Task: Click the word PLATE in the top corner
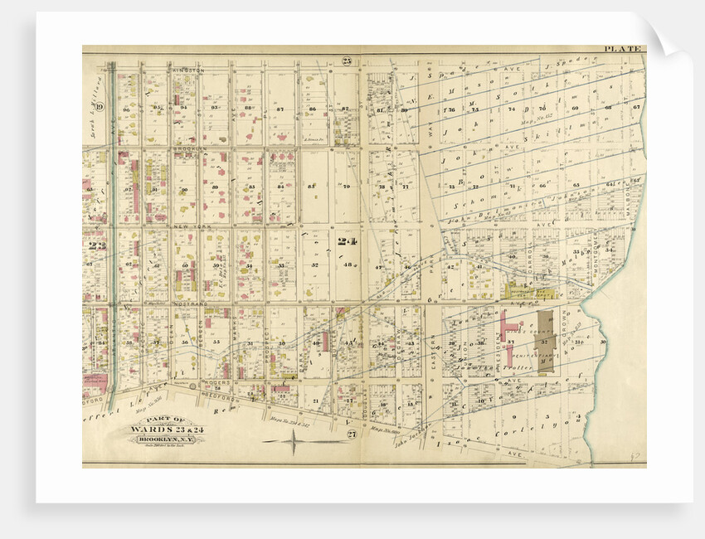(x=623, y=49)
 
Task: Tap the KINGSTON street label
(x=188, y=70)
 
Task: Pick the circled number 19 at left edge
(x=98, y=105)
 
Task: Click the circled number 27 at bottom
(x=351, y=434)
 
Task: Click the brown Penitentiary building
(x=546, y=340)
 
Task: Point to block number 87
(x=280, y=109)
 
